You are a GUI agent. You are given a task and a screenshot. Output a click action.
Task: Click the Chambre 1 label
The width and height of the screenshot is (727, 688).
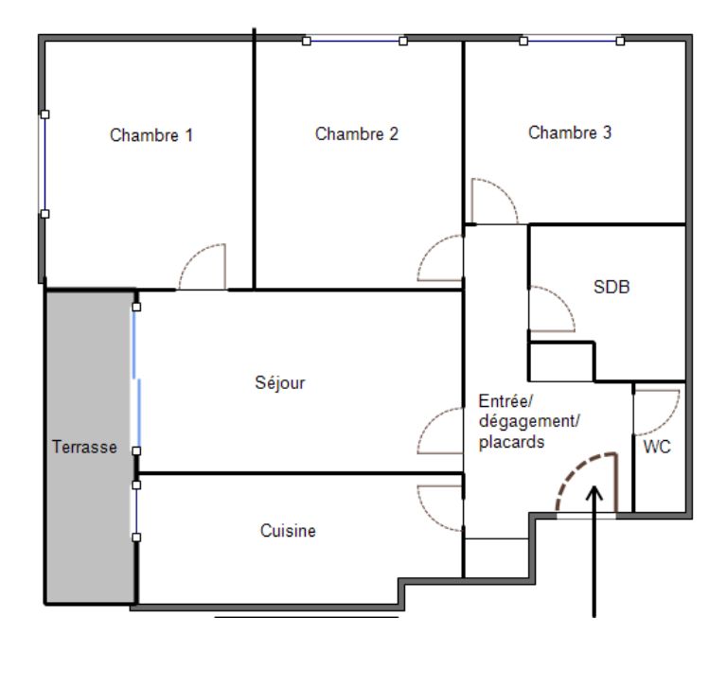pos(151,135)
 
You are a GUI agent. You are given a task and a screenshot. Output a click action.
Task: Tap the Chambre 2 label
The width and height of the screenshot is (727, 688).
pos(357,134)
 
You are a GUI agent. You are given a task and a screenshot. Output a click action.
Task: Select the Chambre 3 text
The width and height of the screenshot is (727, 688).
pos(570,132)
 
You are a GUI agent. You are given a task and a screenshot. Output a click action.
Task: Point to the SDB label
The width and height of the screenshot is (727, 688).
pos(612,287)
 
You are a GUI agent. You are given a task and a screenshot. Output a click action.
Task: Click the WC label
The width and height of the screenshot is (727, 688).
pos(657,447)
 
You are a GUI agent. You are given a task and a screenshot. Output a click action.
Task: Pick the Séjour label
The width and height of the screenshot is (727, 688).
pos(280,382)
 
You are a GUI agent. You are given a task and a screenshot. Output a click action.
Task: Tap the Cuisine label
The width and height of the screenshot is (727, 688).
pos(288,531)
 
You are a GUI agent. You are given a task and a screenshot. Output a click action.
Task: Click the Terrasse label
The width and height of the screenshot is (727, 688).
pos(84,447)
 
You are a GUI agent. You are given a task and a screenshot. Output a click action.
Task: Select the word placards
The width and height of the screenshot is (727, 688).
pos(511,442)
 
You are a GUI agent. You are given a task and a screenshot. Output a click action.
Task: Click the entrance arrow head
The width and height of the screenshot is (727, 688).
pos(594,492)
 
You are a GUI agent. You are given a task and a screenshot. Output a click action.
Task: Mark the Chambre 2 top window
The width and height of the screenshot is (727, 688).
pos(355,41)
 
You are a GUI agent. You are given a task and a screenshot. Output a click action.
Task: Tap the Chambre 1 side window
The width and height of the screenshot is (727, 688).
pos(44,164)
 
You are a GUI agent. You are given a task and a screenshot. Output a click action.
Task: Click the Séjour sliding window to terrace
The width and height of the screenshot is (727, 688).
pos(137,379)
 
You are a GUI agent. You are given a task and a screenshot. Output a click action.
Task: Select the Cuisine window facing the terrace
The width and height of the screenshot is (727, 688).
pos(136,511)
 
